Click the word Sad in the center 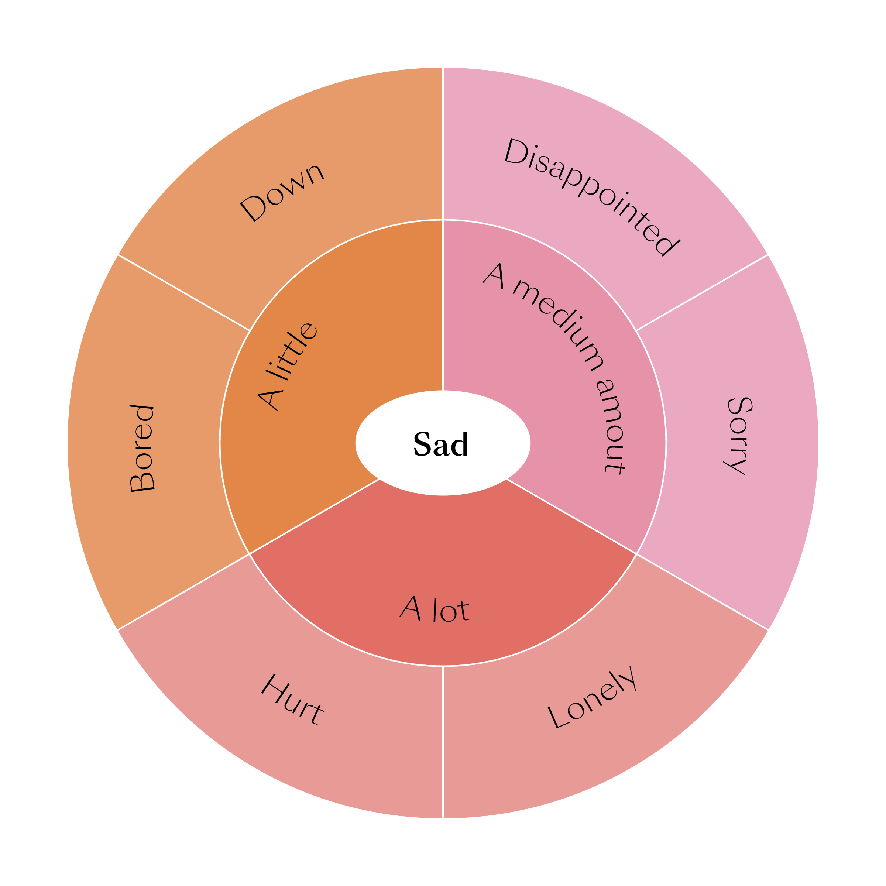click(x=441, y=444)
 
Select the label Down click(x=282, y=193)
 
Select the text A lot click(x=435, y=609)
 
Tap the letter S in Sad click(x=422, y=444)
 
